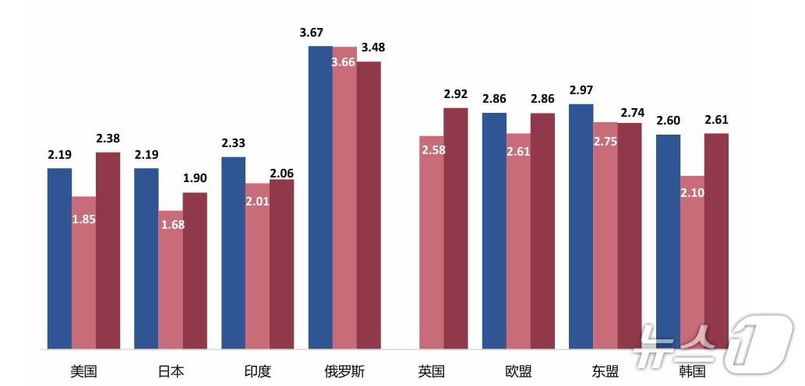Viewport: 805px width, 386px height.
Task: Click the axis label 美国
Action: click(83, 371)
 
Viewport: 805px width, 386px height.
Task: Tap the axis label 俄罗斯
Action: click(344, 371)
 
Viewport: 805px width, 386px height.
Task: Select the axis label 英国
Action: click(431, 371)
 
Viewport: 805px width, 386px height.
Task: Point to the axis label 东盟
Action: click(605, 371)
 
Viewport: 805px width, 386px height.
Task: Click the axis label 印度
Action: click(257, 371)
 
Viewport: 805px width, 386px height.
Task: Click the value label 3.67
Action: click(311, 33)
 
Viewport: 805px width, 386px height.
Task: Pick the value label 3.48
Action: click(372, 47)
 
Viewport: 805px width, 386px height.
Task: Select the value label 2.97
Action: click(581, 90)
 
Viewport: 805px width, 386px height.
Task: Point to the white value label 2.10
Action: click(692, 192)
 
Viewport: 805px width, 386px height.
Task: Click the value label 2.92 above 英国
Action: click(456, 94)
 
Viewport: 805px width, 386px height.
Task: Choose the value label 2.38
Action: click(108, 139)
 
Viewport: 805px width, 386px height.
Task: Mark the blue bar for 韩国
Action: click(668, 241)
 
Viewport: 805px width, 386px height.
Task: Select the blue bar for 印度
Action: click(233, 252)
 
